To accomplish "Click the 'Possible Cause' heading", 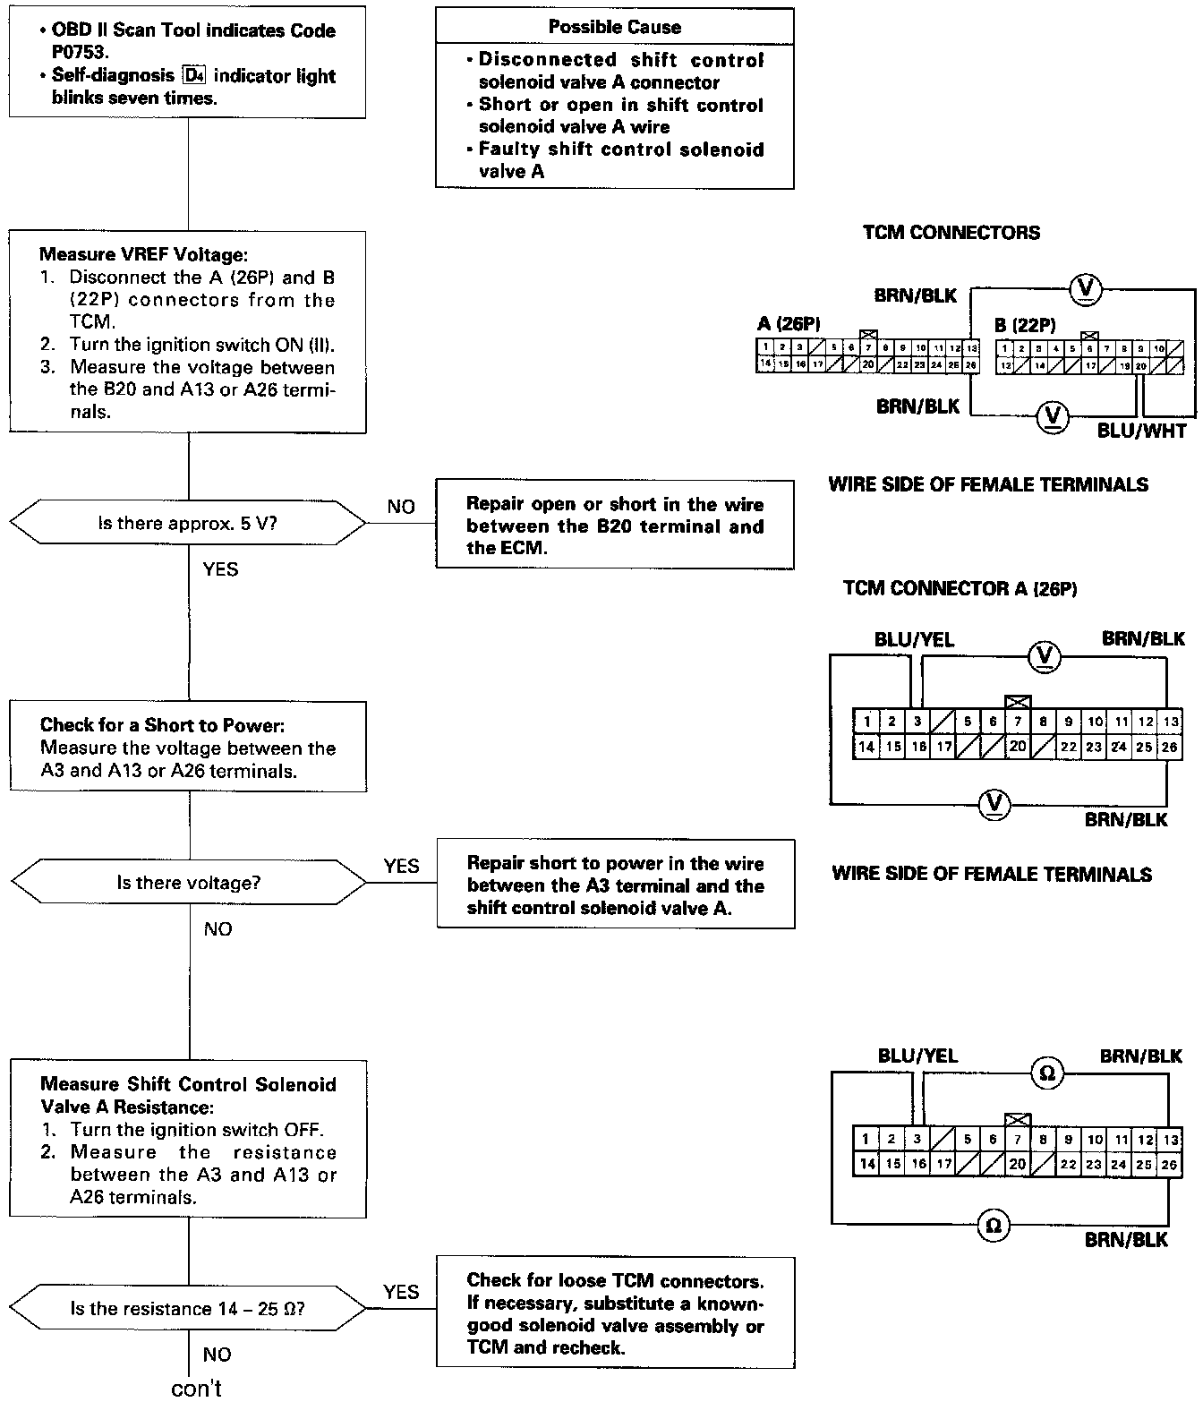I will (x=614, y=28).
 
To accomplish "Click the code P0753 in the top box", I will (x=80, y=53).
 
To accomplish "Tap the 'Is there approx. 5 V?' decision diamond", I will (x=188, y=523).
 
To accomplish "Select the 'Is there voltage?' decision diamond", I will (x=188, y=883).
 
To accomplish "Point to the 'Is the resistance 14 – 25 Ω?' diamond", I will (x=188, y=1309).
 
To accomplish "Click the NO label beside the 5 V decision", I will (x=401, y=507).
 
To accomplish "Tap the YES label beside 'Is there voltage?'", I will (x=401, y=866).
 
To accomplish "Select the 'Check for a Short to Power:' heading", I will (x=162, y=725).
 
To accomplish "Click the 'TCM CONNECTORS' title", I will (x=951, y=233).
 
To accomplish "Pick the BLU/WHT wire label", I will (x=1141, y=432).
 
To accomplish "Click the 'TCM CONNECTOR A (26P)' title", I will (x=960, y=588).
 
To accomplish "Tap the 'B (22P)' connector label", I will (x=1025, y=326).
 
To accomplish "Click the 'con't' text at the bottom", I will (x=196, y=1388).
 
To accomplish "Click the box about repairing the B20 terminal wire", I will (x=614, y=526).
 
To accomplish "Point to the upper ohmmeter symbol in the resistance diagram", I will (x=1046, y=1073).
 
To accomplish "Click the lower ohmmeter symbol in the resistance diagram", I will (x=993, y=1225).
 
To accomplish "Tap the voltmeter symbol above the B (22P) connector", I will (x=1087, y=288).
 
